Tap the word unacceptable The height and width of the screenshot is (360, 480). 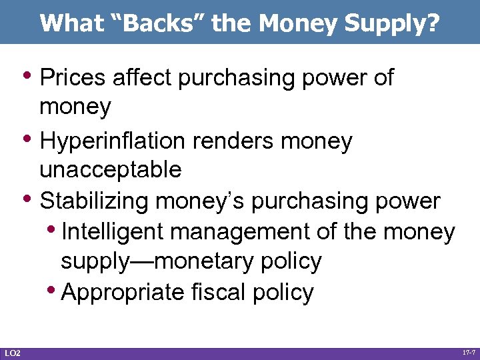click(111, 170)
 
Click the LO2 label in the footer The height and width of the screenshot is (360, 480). click(12, 352)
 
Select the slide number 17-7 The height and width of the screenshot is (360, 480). click(468, 350)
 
